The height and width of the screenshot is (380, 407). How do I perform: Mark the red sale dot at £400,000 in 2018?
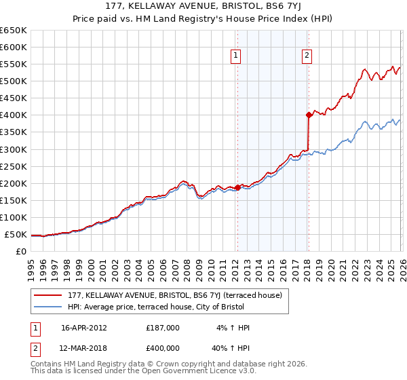click(309, 115)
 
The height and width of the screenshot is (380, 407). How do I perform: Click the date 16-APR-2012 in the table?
click(84, 328)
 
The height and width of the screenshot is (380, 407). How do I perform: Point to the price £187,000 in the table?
click(163, 328)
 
